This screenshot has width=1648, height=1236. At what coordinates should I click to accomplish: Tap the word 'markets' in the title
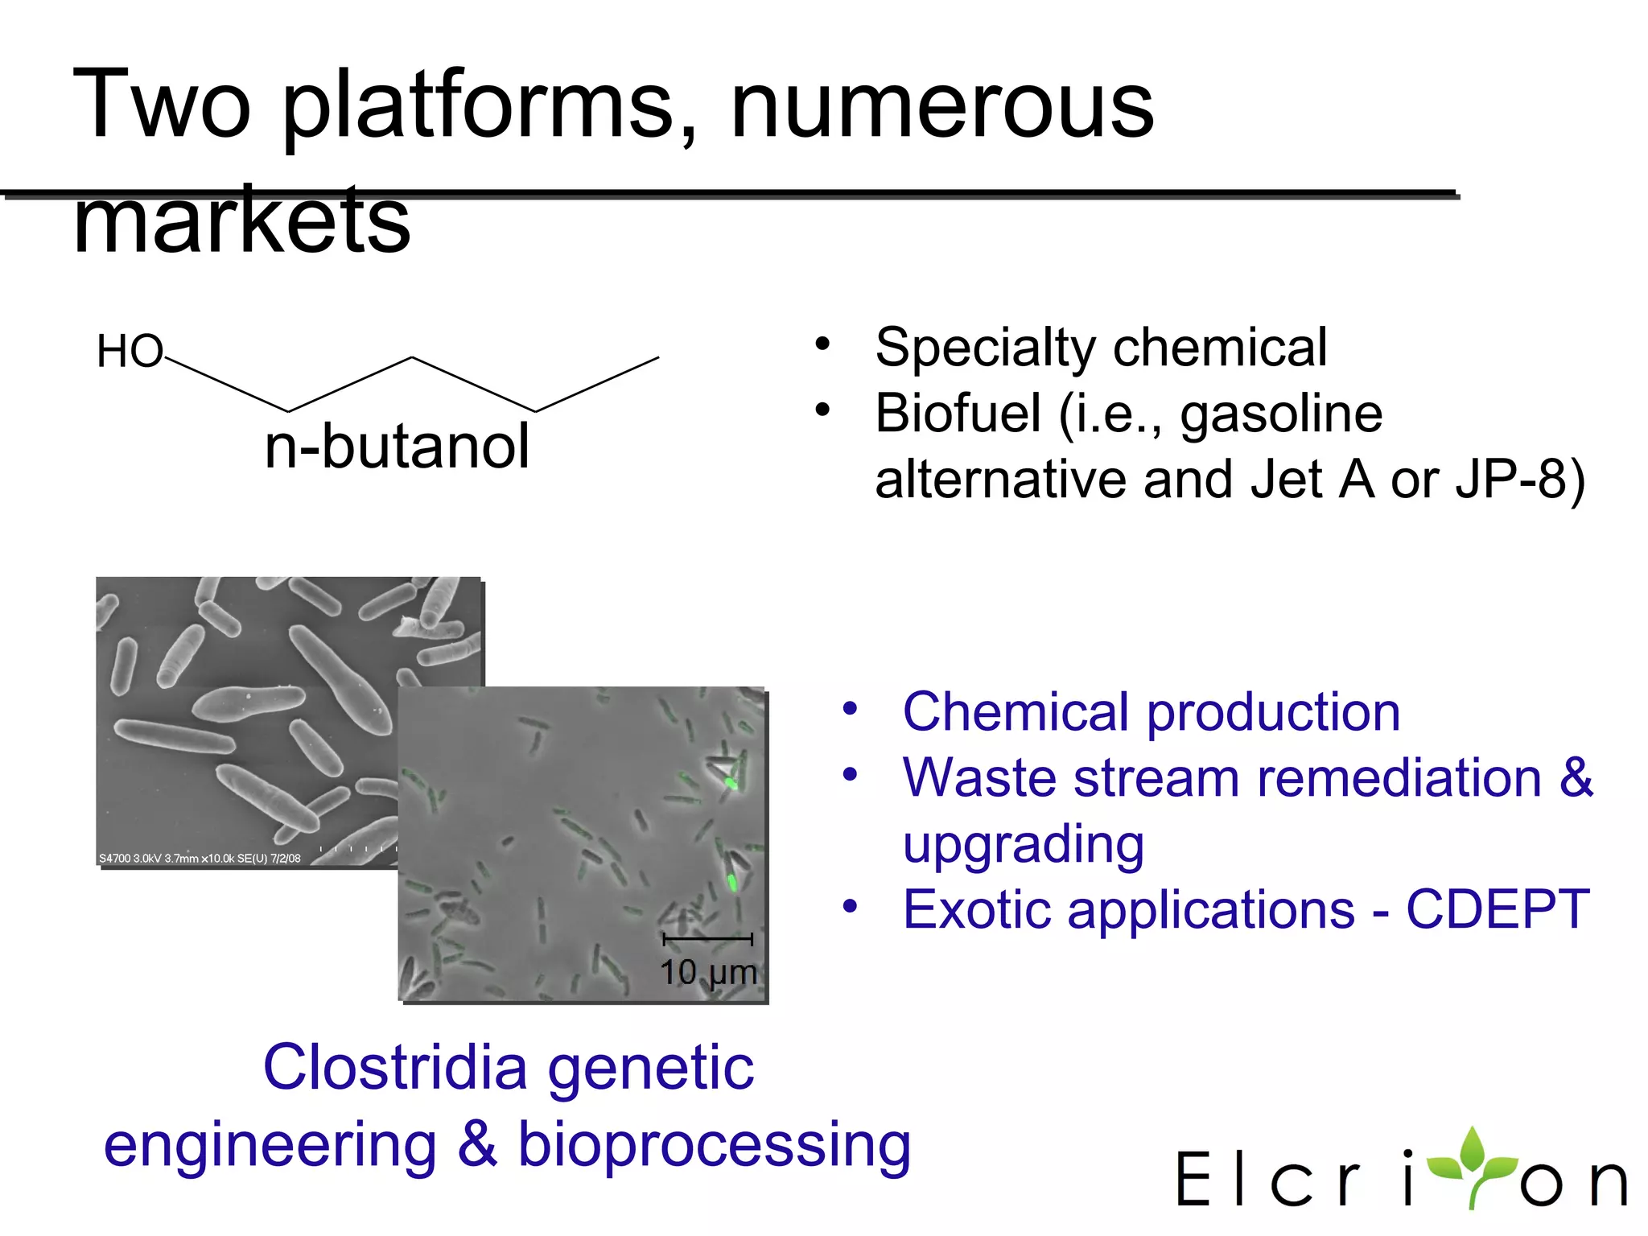[241, 221]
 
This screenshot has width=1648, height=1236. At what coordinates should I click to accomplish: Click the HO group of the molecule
[129, 352]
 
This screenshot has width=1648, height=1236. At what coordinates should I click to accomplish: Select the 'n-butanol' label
[397, 447]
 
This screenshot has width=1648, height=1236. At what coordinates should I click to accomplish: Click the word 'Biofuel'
[958, 414]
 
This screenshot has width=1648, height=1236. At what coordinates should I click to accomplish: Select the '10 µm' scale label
[708, 973]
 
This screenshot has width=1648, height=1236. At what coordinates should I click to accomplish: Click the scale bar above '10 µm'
[707, 939]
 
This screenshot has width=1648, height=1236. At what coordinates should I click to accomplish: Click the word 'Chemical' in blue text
[1016, 713]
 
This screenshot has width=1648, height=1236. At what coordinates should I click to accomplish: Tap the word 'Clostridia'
[394, 1069]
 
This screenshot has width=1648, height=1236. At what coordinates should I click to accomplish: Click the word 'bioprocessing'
[714, 1146]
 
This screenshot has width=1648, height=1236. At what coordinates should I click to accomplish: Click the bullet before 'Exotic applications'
[850, 907]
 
